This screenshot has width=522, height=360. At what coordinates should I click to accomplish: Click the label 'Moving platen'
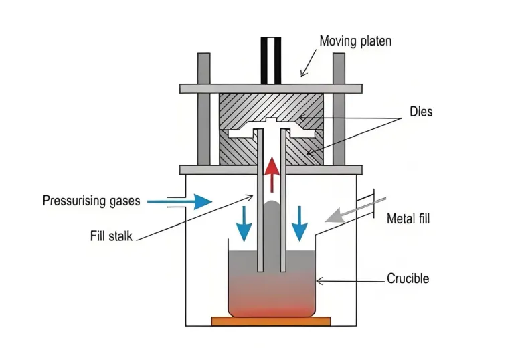coord(355,41)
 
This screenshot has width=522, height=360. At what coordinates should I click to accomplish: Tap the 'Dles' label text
coord(422,112)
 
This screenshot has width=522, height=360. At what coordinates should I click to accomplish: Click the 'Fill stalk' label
coord(111,236)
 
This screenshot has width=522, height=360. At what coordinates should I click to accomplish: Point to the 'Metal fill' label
coord(411,219)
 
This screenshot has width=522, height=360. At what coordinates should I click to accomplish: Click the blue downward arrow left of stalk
coord(244,223)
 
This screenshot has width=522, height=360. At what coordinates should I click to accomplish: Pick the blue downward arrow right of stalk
coord(300,223)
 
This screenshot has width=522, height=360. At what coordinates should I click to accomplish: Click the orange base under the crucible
coord(271,322)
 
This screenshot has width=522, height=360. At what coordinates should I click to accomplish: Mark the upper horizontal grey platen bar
coord(271,88)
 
